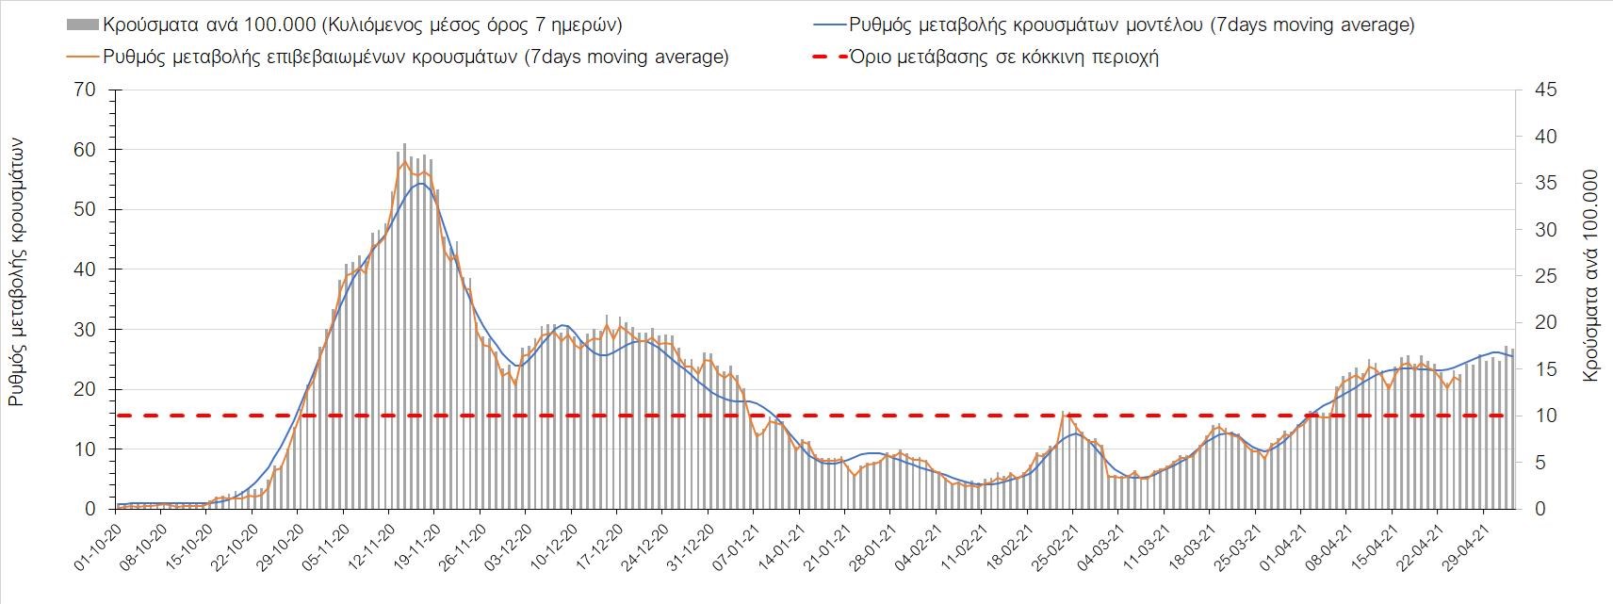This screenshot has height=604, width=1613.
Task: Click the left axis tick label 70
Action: (x=87, y=90)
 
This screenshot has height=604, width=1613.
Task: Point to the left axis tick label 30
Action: (x=87, y=330)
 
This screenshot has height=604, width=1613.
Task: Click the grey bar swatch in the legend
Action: (x=82, y=24)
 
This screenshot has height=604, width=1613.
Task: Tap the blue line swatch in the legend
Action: (x=826, y=24)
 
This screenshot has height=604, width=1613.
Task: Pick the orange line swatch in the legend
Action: (x=82, y=57)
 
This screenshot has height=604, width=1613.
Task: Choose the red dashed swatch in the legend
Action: (x=826, y=57)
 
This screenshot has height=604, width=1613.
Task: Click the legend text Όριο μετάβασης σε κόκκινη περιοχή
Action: (x=1004, y=57)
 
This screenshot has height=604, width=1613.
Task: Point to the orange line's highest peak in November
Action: (x=405, y=161)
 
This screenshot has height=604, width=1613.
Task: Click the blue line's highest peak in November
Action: (x=420, y=183)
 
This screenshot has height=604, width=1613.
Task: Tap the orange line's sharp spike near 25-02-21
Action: (x=1064, y=413)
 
